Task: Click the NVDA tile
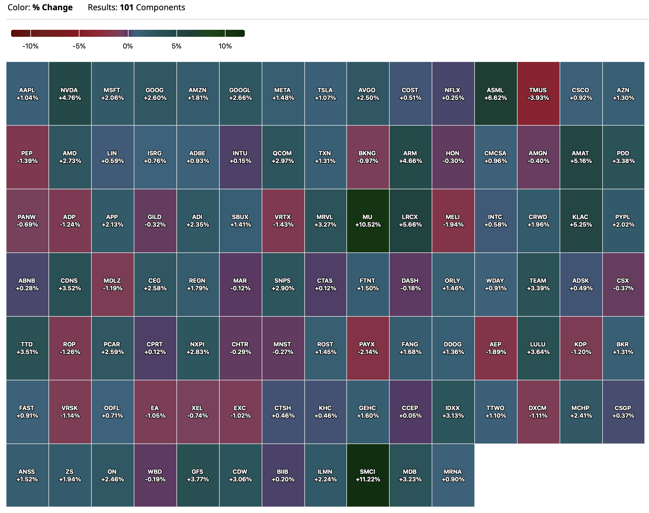70,94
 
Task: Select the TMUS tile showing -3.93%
538,94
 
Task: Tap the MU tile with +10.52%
368,221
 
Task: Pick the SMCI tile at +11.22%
368,475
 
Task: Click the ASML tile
496,94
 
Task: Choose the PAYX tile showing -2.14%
368,348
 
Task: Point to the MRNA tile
453,475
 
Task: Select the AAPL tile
27,94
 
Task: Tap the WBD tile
155,475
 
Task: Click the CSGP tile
623,412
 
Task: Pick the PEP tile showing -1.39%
27,157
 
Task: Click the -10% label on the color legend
30,46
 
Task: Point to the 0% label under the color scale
128,46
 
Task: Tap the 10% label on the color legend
225,46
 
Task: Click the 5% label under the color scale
176,46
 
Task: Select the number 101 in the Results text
126,8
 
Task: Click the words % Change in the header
53,8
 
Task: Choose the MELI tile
453,221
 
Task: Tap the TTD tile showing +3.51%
27,348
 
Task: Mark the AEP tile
496,348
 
